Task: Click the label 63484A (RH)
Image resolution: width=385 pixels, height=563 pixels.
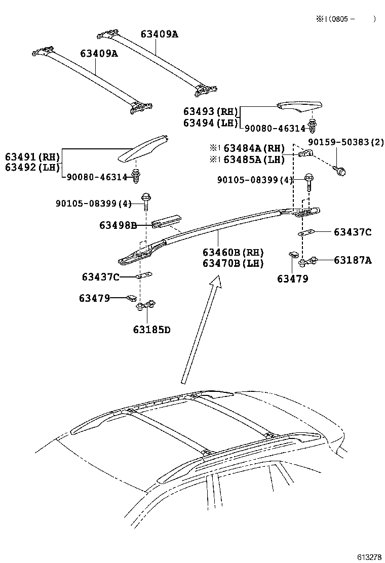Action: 252,148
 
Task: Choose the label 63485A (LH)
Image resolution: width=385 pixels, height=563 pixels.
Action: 252,159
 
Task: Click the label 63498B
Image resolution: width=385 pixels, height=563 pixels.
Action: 118,225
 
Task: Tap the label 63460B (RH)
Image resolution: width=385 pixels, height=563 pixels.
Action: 233,252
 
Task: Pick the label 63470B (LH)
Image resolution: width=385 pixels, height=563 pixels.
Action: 233,263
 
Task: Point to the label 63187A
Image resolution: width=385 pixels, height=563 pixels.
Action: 353,260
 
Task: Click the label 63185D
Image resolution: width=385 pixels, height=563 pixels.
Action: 151,330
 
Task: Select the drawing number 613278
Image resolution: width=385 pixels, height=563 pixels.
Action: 369,557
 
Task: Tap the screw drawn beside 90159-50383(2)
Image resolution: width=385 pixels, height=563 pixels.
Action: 341,171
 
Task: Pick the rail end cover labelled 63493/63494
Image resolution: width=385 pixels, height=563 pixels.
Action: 299,105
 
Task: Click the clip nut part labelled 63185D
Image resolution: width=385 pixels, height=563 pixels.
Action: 145,305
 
